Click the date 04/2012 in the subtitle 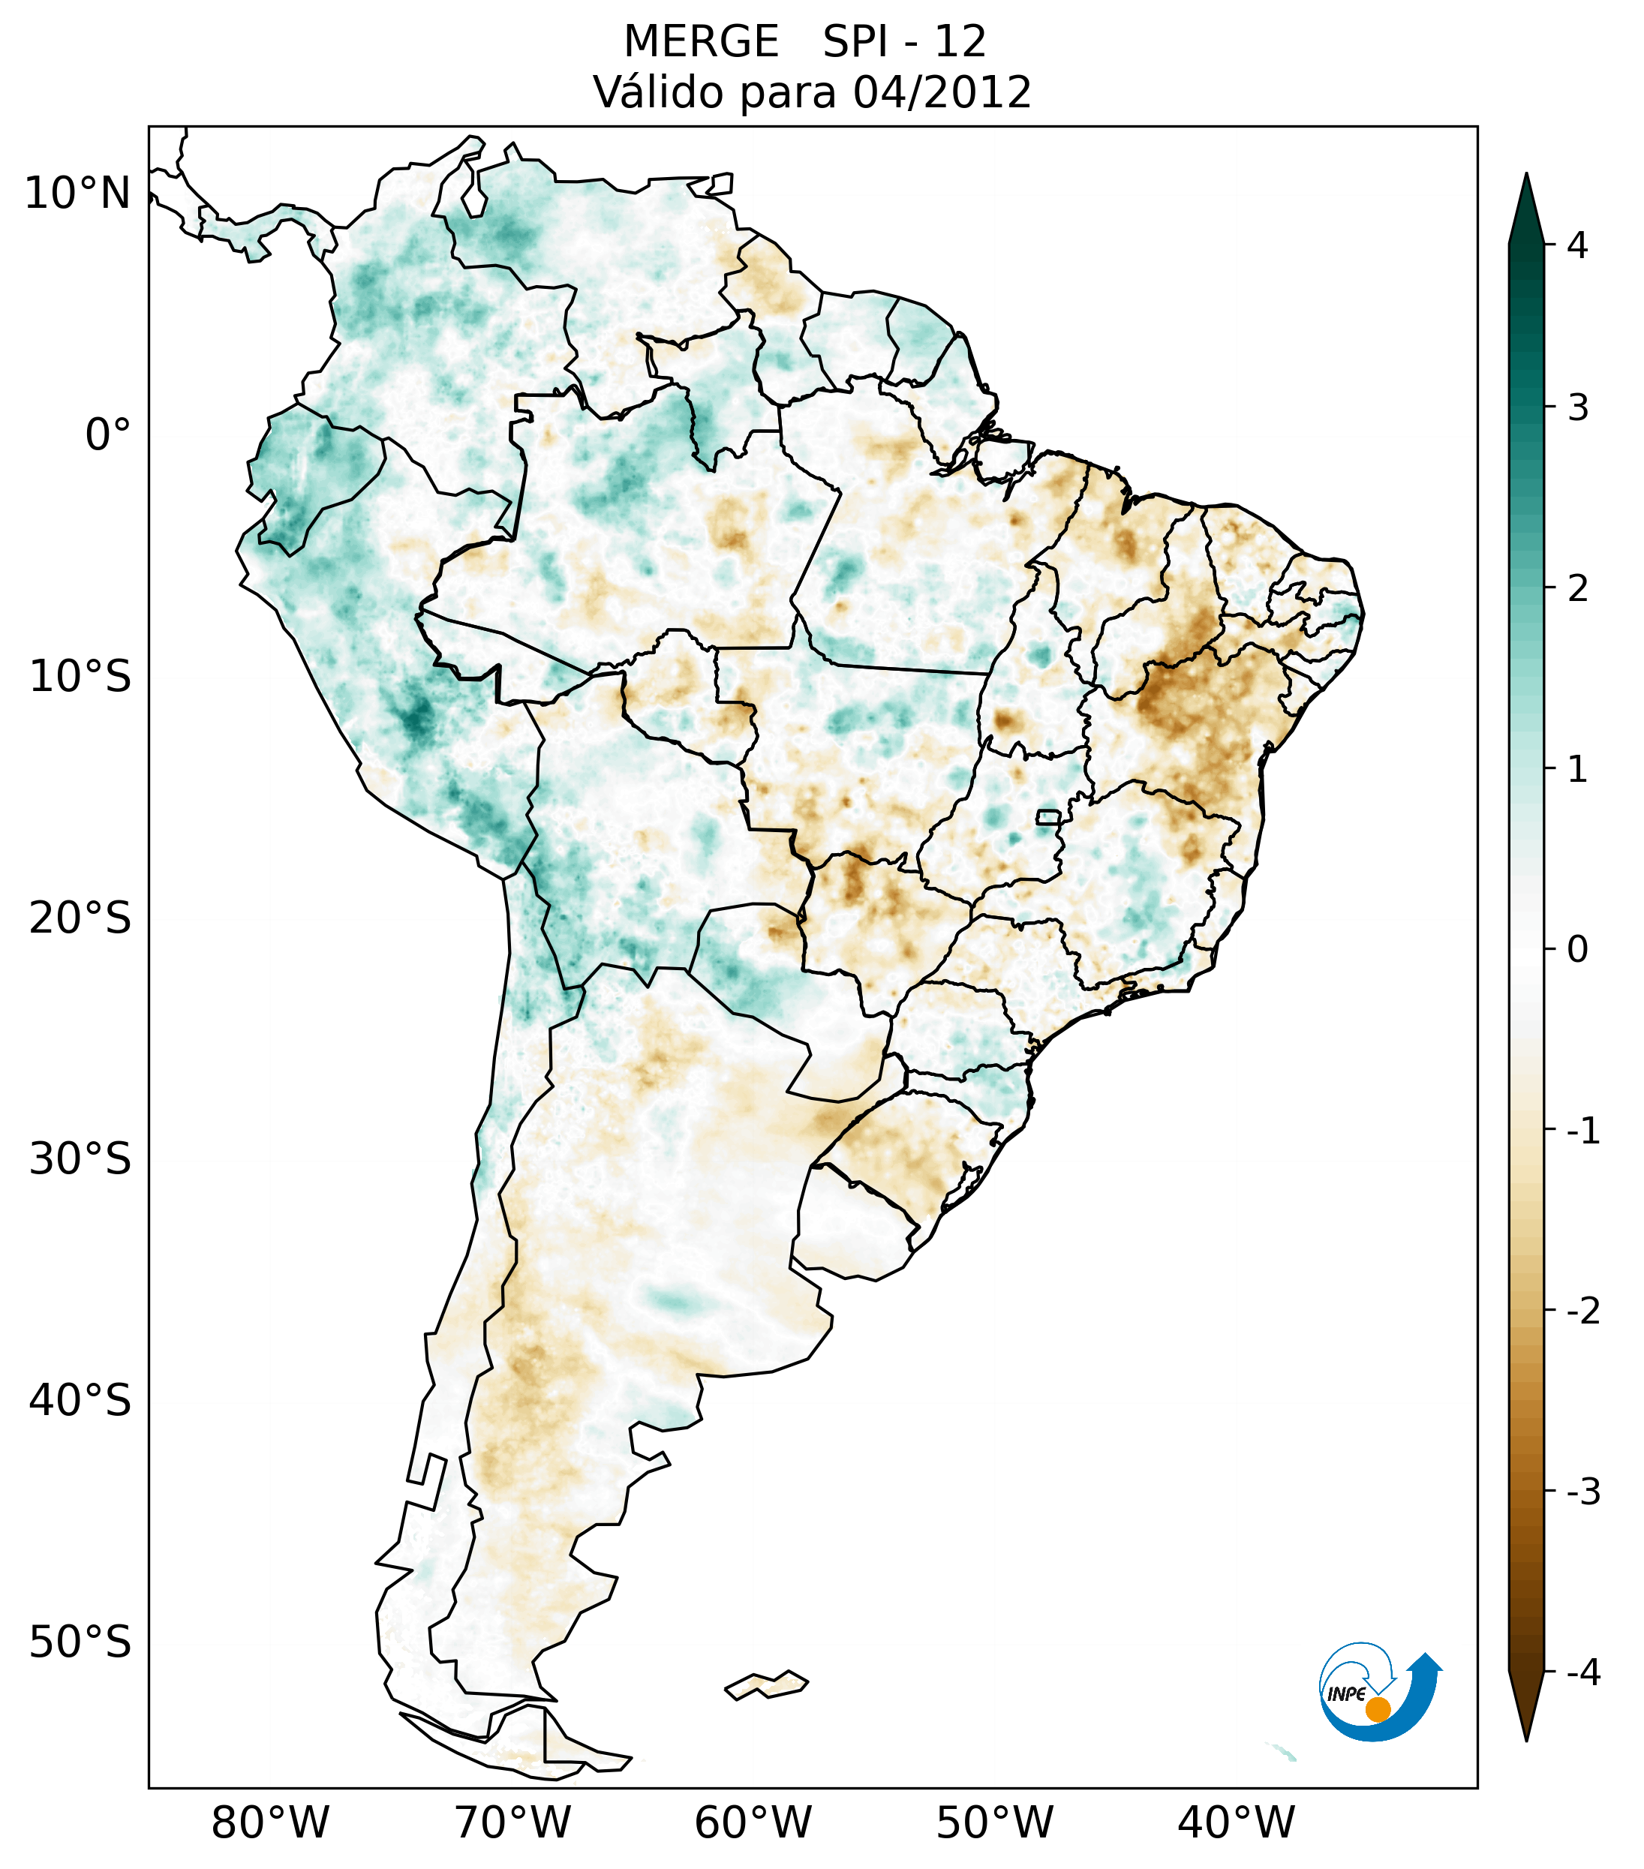click(942, 92)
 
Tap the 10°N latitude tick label click(78, 194)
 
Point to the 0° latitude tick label click(108, 435)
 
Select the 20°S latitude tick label click(80, 918)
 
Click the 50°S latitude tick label click(80, 1643)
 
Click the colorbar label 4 click(1577, 245)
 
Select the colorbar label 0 click(1577, 950)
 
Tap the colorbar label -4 click(1582, 1673)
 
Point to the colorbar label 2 click(1577, 589)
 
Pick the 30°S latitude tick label click(80, 1159)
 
